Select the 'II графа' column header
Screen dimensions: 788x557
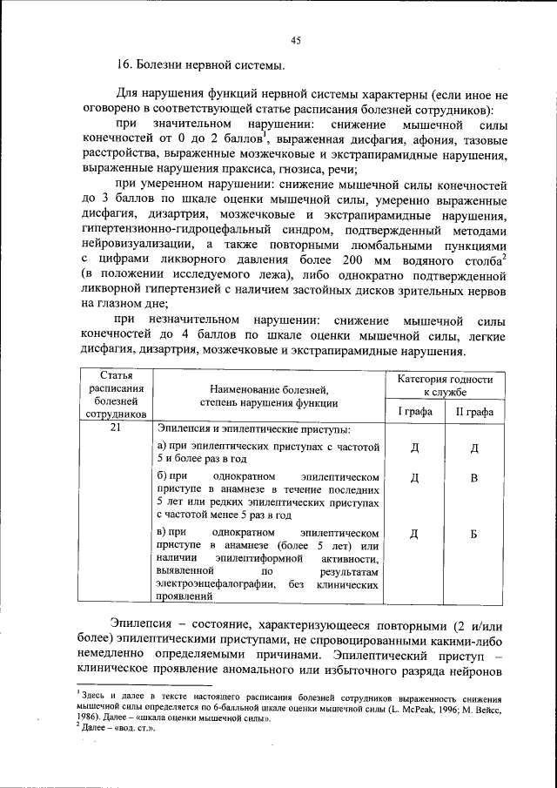click(x=474, y=411)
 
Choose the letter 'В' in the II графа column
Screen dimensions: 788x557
click(x=474, y=478)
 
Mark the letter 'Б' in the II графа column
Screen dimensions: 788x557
click(x=474, y=534)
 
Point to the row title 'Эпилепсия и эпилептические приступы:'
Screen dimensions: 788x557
click(x=253, y=429)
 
